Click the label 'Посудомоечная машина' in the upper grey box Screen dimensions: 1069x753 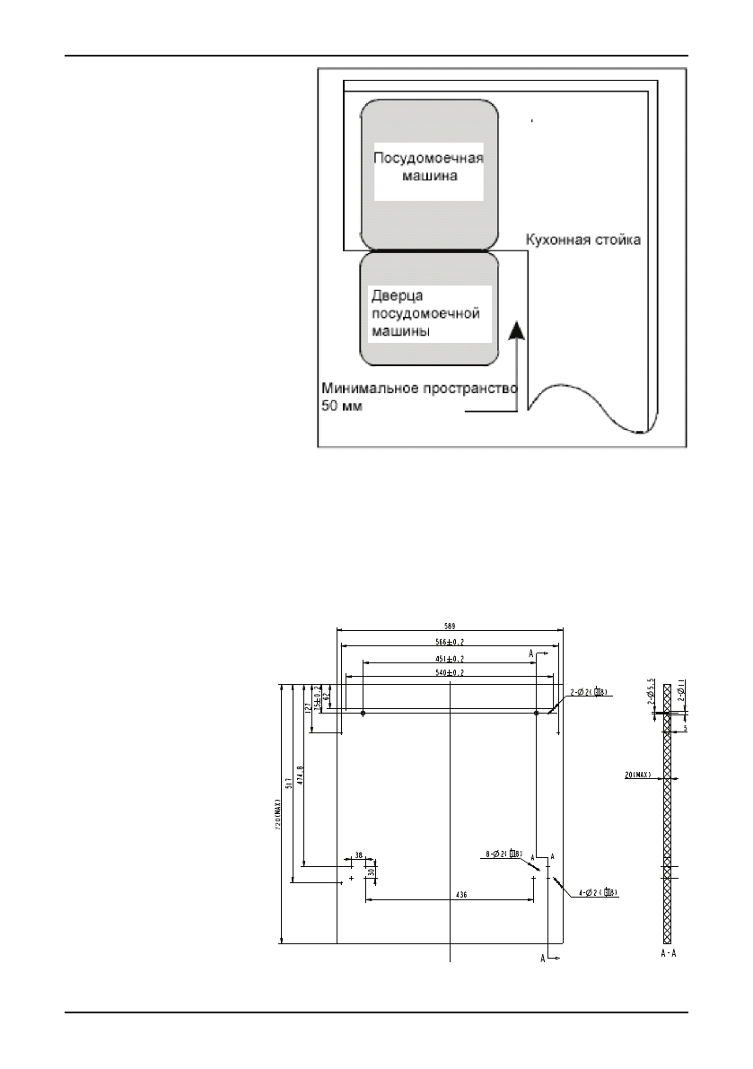[x=428, y=167]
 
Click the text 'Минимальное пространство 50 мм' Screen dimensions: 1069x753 [x=418, y=397]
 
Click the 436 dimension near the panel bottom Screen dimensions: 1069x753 [x=460, y=895]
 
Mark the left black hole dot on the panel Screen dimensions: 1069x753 [x=362, y=714]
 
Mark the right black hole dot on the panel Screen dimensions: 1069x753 [x=536, y=714]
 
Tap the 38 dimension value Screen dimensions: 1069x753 [x=358, y=855]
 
